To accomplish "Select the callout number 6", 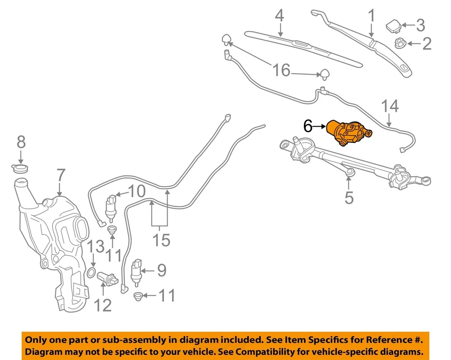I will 308,126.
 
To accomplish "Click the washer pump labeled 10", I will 112,207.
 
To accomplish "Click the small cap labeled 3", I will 392,24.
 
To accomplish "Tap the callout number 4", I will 280,16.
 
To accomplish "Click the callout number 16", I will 281,71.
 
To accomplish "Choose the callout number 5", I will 349,198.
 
